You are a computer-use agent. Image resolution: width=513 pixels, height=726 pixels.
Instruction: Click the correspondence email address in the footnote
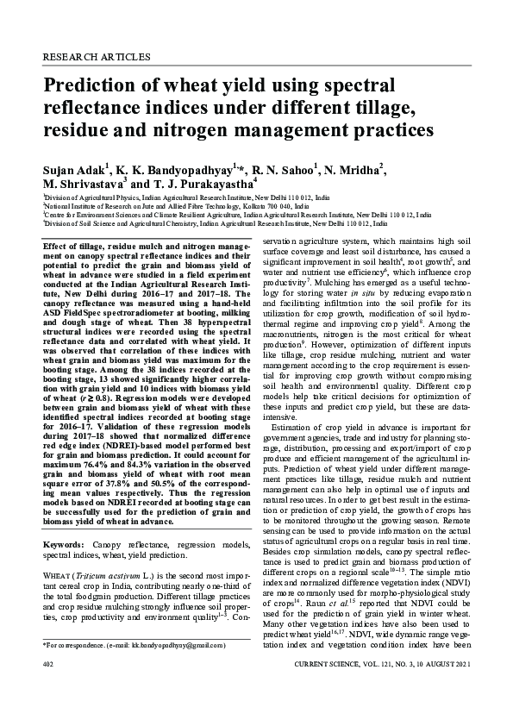pos(166,669)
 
